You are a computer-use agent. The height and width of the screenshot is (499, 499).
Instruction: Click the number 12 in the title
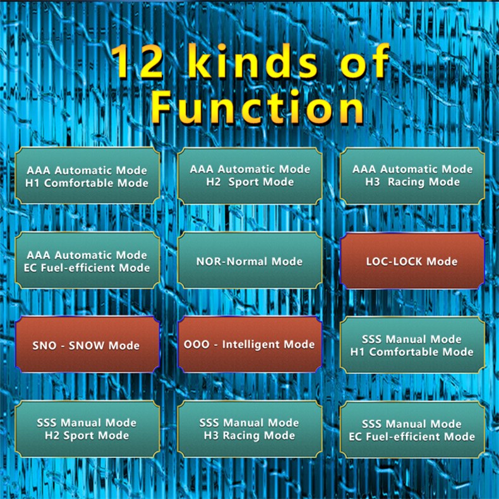tap(139, 62)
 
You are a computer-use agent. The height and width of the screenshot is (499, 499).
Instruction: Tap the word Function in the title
tap(258, 107)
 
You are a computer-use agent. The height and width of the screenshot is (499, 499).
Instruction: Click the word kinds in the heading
tap(253, 61)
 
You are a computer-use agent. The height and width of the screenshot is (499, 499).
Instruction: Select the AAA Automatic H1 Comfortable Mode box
tap(87, 176)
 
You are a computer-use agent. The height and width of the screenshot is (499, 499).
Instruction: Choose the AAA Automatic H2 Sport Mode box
tap(250, 176)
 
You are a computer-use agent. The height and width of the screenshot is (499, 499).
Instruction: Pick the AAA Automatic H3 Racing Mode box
tap(412, 176)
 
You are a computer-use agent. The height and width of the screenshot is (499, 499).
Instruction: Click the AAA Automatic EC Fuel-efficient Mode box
tap(87, 260)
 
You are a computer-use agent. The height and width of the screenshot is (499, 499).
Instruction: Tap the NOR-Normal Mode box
tap(250, 260)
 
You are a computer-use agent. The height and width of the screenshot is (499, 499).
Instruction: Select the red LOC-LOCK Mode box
tap(412, 261)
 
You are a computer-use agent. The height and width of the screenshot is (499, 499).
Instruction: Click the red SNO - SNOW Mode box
tap(87, 345)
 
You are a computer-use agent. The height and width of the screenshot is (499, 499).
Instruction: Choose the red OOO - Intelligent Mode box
tap(250, 345)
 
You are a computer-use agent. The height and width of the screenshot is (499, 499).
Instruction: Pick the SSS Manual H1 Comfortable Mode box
tap(412, 345)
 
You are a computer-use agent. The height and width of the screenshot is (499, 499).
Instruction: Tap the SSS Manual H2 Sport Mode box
tap(87, 429)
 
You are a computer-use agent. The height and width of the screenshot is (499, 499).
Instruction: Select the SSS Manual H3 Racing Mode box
tap(250, 429)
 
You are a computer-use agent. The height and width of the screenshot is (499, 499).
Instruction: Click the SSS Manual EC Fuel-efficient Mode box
tap(412, 430)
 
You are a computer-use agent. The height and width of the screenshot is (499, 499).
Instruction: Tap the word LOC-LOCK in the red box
tap(395, 262)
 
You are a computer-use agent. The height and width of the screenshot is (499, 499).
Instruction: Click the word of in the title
tap(364, 61)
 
